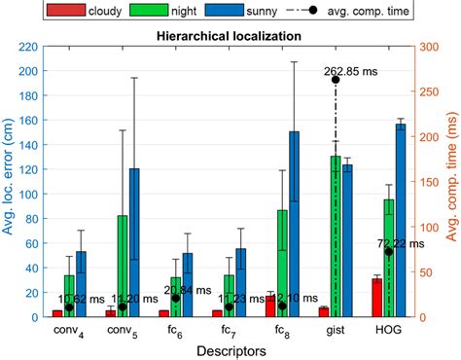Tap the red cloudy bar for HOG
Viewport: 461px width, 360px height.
coord(376,298)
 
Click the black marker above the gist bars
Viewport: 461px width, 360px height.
coord(336,80)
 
